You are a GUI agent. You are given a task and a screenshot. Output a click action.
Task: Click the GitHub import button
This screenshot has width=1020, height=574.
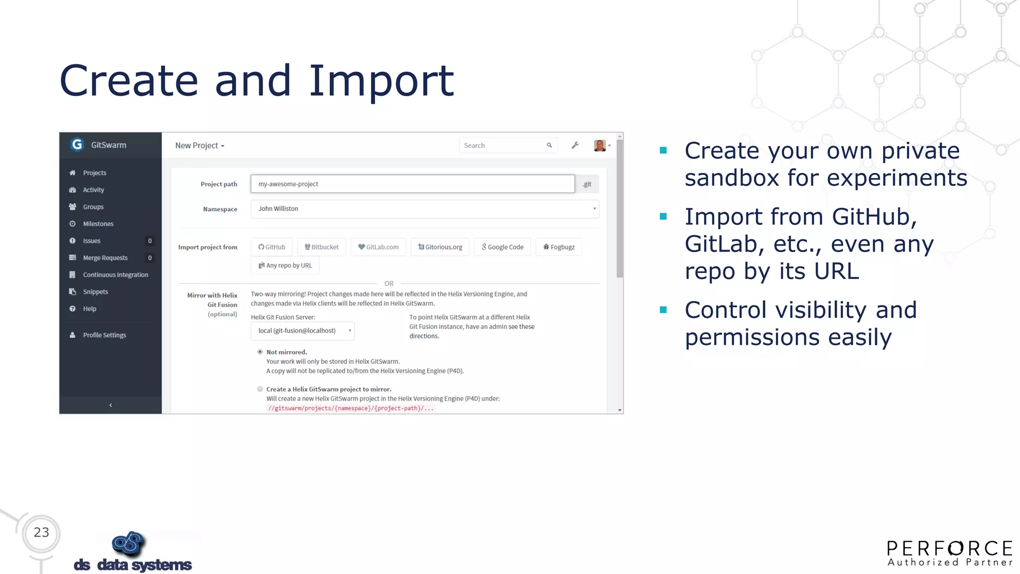pos(271,247)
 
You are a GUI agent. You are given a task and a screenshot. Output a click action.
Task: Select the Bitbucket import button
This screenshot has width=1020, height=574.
pos(322,247)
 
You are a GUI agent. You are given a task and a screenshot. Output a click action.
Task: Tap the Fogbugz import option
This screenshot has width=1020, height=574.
pos(559,247)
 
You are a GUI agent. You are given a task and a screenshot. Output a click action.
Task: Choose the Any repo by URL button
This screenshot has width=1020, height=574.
pos(285,266)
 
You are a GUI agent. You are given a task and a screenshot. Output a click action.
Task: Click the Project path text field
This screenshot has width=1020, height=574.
pos(412,184)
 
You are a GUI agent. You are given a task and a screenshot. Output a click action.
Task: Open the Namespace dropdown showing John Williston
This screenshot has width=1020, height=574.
pos(425,209)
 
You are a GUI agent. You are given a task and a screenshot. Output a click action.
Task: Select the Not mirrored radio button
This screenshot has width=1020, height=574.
pos(260,352)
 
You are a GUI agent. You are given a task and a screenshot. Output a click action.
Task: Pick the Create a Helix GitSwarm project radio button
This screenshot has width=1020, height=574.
pos(260,389)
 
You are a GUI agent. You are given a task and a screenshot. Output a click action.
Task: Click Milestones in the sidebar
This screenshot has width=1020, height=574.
pos(98,224)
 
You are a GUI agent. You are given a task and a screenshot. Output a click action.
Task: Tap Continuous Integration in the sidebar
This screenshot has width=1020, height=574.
pos(116,275)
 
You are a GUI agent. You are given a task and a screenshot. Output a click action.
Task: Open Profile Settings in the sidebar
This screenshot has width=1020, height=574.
pos(105,335)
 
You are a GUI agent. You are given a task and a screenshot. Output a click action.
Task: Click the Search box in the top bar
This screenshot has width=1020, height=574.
pos(503,145)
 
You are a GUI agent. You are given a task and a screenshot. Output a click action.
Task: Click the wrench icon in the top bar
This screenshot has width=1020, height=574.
pos(575,145)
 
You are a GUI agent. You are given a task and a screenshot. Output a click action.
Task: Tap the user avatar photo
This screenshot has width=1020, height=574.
pos(600,145)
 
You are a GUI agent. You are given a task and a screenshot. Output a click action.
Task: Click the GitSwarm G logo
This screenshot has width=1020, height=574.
pos(77,144)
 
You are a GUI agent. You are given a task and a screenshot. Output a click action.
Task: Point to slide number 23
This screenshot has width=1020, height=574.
pos(41,532)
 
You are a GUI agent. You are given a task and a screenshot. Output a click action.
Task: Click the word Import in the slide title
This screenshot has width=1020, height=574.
pos(382,81)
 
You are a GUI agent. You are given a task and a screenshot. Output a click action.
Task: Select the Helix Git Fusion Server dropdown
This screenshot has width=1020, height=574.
pos(302,331)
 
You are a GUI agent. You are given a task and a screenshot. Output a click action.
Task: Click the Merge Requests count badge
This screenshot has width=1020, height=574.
pos(150,258)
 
